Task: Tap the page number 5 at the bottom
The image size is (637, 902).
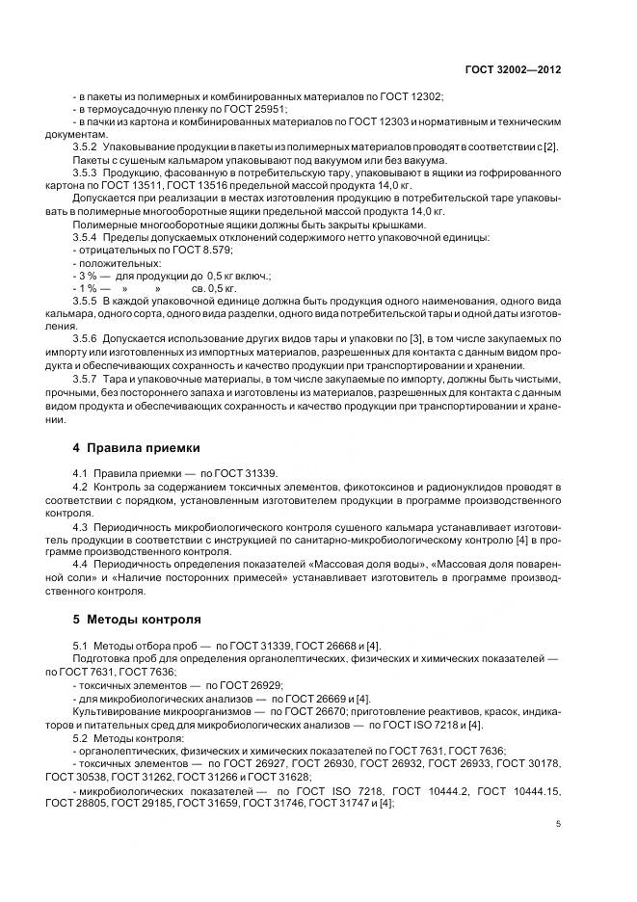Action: tap(558, 824)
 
